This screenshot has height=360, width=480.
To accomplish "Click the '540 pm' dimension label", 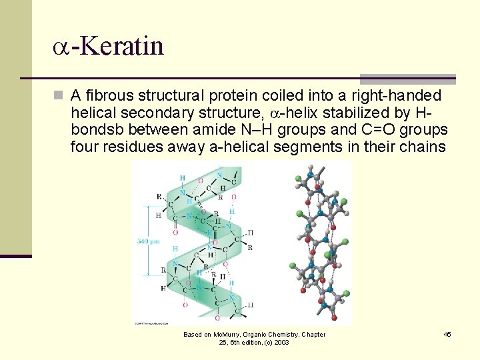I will [148, 241].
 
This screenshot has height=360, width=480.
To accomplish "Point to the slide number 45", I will [447, 335].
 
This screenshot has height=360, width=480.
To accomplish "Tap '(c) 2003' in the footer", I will [276, 343].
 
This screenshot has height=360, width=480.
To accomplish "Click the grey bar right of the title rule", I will [407, 79].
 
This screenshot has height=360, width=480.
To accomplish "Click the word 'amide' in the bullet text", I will [208, 129].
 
